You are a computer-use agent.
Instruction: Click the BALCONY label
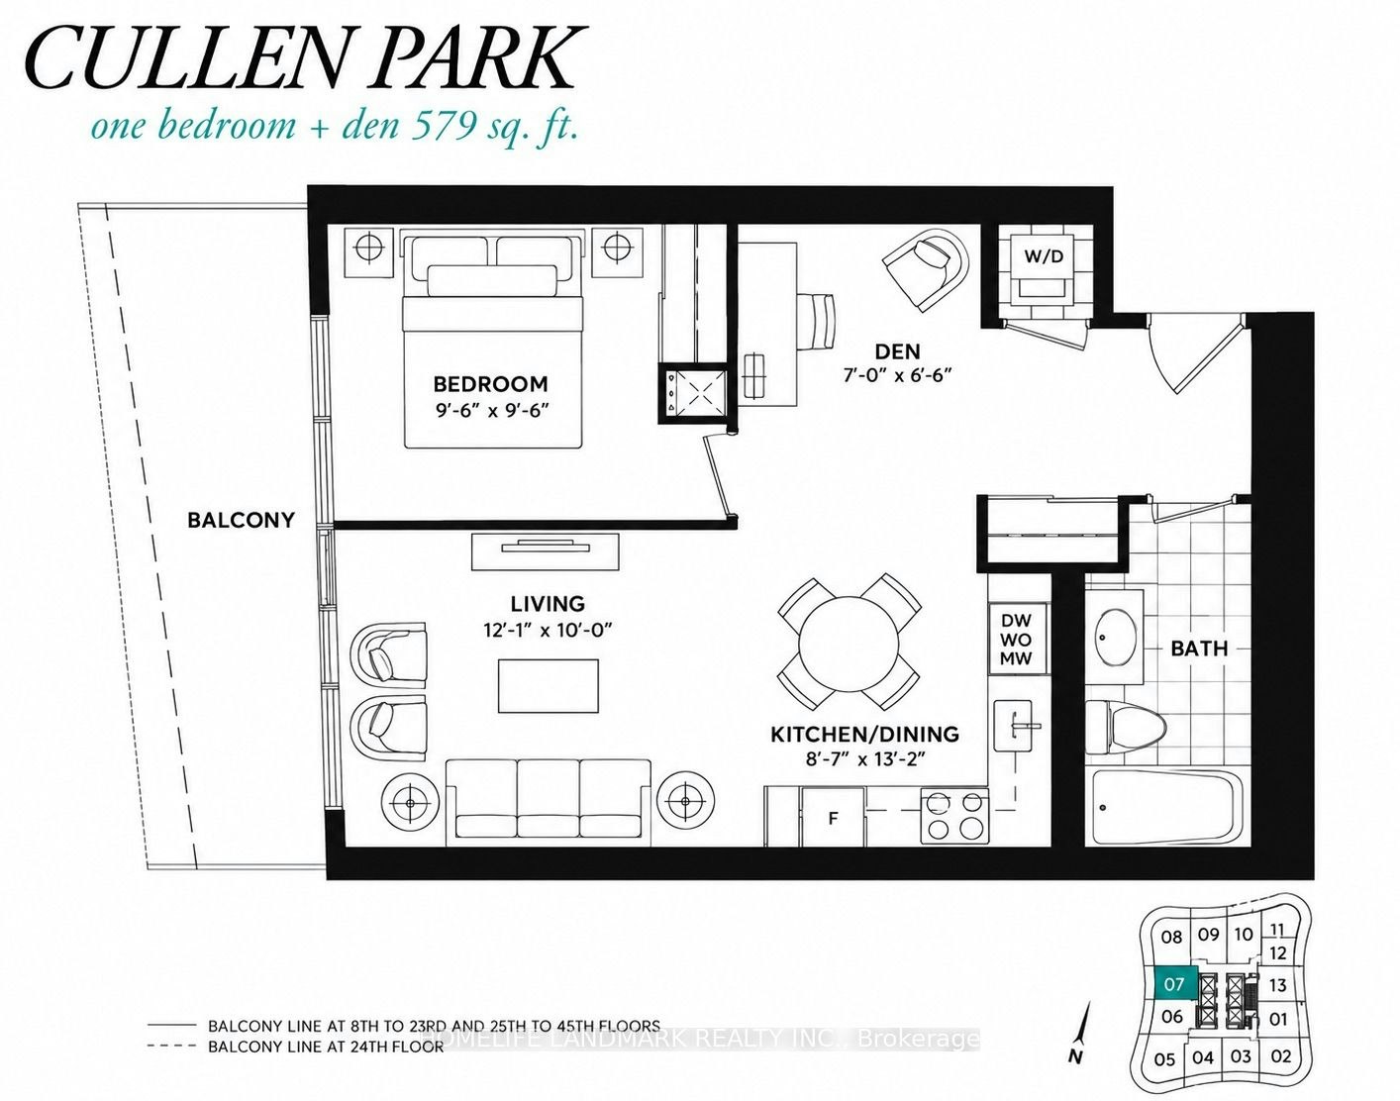[x=241, y=521]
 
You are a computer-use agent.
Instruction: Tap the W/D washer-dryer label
[x=1045, y=256]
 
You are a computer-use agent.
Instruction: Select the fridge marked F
[x=834, y=817]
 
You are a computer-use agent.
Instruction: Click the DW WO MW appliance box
[x=1016, y=640]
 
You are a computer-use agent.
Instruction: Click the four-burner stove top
[x=954, y=817]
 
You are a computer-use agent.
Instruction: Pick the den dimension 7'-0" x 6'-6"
[x=898, y=376]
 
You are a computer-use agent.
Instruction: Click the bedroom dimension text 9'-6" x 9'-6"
[x=490, y=411]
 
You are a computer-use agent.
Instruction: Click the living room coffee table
[x=548, y=686]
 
